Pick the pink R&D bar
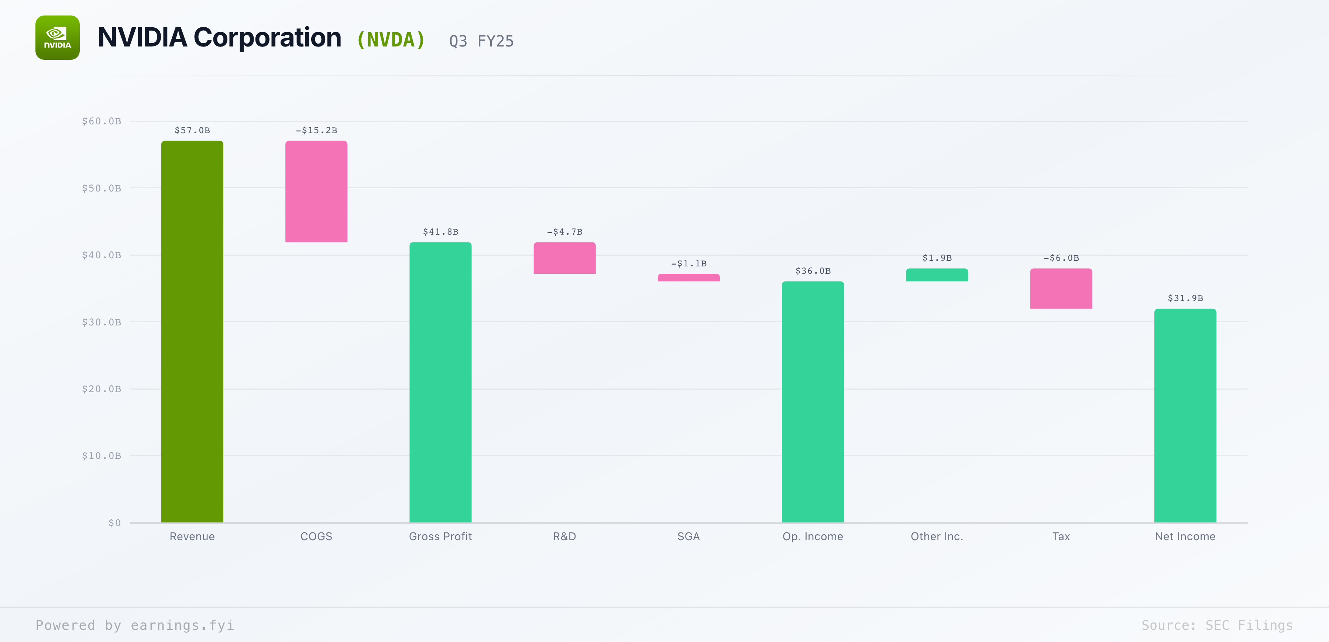tap(564, 258)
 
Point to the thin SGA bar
tap(688, 277)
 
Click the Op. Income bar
tap(813, 402)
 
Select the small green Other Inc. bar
tap(937, 275)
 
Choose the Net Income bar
tap(1185, 415)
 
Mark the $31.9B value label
tap(1185, 298)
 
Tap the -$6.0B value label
tap(1061, 258)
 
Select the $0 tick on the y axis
tap(114, 523)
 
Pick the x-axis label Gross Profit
tap(440, 536)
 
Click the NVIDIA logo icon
tap(57, 38)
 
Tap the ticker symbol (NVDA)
tap(391, 40)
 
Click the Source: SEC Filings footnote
tap(1216, 625)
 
